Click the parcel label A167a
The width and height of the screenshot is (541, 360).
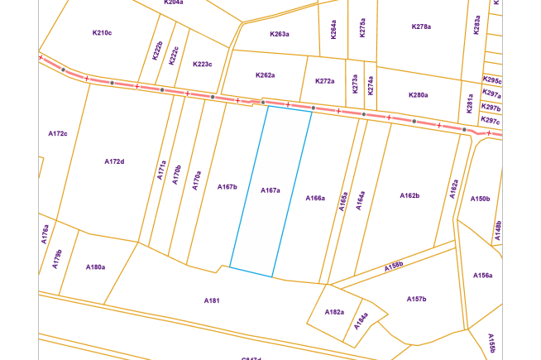tap(270, 190)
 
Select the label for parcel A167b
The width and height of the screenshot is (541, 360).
tap(227, 187)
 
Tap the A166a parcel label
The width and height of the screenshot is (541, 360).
tap(315, 198)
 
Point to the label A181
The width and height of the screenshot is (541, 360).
tap(212, 300)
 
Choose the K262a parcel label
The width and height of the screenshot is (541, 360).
tap(265, 75)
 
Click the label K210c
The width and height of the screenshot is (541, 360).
tap(102, 32)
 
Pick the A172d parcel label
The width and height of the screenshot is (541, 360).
tap(114, 161)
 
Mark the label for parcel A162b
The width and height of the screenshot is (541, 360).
tap(410, 195)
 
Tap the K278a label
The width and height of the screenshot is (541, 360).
tap(421, 26)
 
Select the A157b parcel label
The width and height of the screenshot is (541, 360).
tap(416, 298)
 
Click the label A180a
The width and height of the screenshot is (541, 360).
tap(96, 267)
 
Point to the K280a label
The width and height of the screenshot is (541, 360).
tap(419, 95)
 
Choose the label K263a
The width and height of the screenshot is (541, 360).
tap(280, 34)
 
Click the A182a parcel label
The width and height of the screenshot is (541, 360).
tap(334, 311)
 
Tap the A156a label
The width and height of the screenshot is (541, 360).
tap(483, 275)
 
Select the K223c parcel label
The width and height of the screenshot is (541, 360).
tap(202, 64)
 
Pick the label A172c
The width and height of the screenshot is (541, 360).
tap(58, 132)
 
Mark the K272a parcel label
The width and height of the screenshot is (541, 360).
tap(325, 81)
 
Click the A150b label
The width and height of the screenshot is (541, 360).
tap(481, 199)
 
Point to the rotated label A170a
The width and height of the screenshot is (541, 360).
tap(196, 181)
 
